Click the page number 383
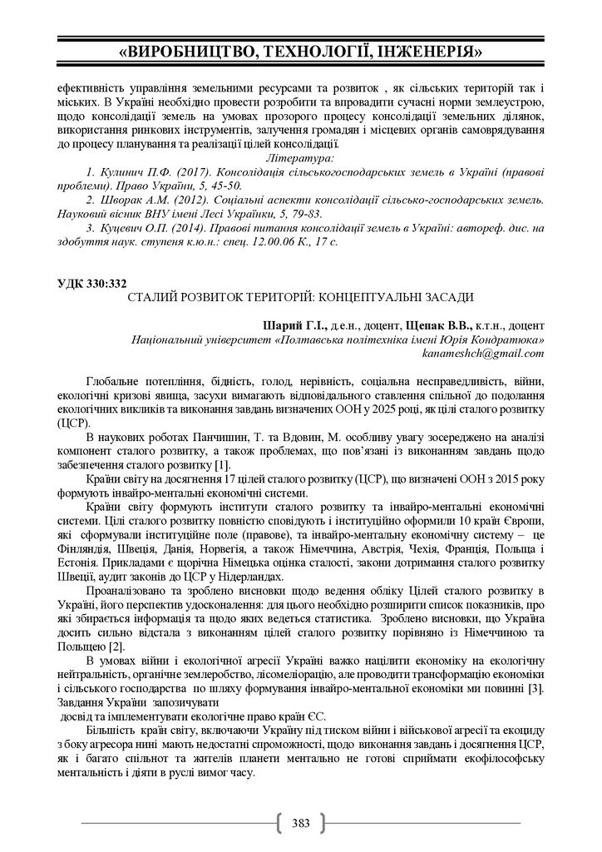point(301,824)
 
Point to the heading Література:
point(299,156)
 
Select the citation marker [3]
point(535,688)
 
